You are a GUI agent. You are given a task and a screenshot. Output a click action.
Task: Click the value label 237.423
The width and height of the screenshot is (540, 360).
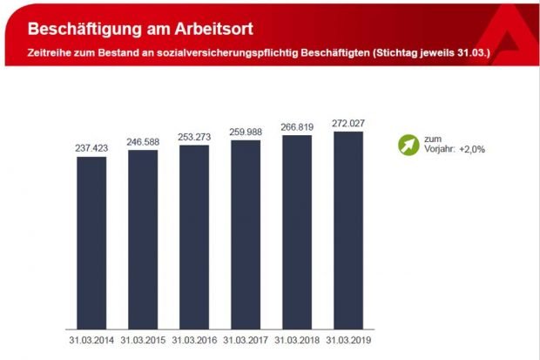91,149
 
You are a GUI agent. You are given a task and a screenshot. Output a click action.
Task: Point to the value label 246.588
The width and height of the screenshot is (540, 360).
143,142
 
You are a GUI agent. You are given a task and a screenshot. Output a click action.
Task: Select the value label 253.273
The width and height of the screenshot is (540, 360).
194,137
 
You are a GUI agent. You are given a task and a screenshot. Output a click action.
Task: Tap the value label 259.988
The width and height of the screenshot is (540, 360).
245,132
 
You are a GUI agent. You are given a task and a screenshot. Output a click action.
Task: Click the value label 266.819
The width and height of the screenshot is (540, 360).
296,126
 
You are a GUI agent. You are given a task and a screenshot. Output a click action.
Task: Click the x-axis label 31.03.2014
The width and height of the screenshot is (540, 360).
91,340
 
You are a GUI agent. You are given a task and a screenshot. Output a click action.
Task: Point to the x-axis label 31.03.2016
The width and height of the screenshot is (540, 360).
194,340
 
